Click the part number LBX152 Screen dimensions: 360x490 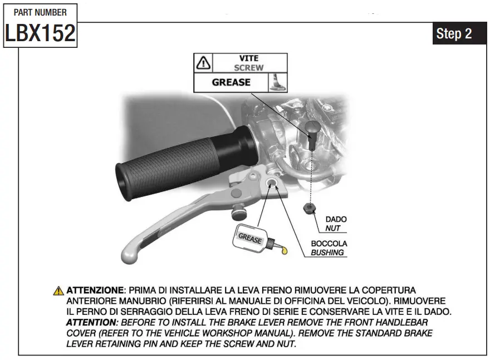pyautogui.click(x=40, y=33)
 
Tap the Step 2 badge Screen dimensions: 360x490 pyautogui.click(x=454, y=33)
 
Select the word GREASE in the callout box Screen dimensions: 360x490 pyautogui.click(x=231, y=82)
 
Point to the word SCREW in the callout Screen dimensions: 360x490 pyautogui.click(x=249, y=68)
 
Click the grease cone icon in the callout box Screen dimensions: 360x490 pyautogui.click(x=277, y=82)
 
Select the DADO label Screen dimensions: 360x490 pyautogui.click(x=336, y=220)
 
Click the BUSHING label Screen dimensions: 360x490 pyautogui.click(x=327, y=252)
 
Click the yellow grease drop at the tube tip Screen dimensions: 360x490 pyautogui.click(x=285, y=252)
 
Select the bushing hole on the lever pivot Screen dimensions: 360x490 pyautogui.click(x=273, y=183)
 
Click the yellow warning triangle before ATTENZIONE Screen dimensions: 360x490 pyautogui.click(x=59, y=291)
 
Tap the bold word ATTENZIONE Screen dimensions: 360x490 pyautogui.click(x=94, y=290)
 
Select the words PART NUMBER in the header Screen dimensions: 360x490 pyautogui.click(x=40, y=12)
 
